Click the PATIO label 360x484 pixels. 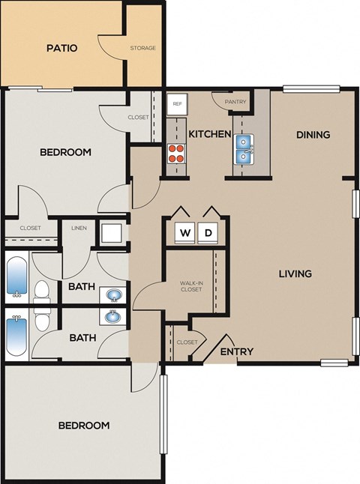pos(62,48)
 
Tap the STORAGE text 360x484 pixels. pos(142,48)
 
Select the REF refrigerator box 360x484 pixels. pos(177,105)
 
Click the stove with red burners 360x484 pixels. pos(176,154)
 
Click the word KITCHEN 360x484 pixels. pos(209,134)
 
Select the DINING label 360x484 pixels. pos(313,135)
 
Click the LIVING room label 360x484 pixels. pos(295,273)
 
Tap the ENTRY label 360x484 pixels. pos(236,351)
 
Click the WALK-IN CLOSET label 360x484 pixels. pos(190,285)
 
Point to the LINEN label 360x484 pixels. pos(78,228)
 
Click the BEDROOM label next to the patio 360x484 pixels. pos(65,152)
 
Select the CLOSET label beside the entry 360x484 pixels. pos(187,342)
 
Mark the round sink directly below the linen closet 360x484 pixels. pos(112,294)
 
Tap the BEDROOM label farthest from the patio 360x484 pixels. pos(84,425)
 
